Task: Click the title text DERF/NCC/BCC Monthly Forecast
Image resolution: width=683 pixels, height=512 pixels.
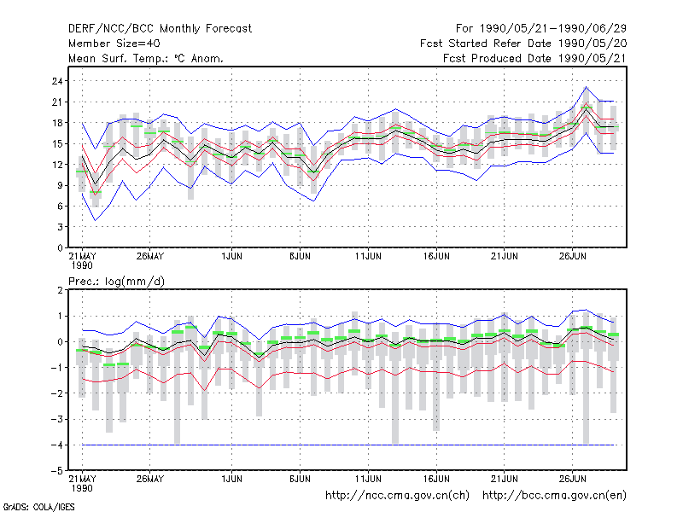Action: point(160,29)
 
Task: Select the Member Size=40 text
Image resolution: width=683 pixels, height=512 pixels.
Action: point(114,44)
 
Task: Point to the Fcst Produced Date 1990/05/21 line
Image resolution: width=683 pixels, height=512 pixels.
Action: point(534,58)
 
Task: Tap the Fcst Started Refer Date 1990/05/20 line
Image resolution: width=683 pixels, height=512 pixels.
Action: point(523,44)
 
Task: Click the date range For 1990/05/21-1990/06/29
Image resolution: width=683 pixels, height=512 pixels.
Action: point(541,29)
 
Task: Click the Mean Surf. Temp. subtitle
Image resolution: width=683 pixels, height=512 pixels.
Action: point(146,58)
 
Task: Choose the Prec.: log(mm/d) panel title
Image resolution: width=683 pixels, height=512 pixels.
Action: point(116,282)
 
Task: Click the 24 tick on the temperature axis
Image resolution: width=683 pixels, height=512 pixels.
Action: point(57,81)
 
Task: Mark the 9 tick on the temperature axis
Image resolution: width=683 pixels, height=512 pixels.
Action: point(60,185)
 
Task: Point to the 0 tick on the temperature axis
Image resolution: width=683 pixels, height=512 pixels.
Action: point(60,247)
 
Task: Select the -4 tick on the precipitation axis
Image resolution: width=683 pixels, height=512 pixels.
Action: point(56,445)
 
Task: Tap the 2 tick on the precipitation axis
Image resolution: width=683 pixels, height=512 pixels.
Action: point(60,290)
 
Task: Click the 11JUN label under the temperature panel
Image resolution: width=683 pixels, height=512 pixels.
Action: point(368,257)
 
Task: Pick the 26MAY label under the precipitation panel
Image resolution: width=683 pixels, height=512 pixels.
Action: point(150,479)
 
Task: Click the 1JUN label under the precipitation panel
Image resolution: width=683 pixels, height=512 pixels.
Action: point(231,479)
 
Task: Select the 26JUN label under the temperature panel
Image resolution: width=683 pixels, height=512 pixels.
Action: point(572,257)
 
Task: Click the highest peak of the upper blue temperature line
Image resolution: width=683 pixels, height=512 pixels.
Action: point(587,87)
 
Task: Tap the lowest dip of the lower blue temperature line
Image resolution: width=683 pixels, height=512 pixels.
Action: point(96,220)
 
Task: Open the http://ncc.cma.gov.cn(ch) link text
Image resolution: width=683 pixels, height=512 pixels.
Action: point(397,496)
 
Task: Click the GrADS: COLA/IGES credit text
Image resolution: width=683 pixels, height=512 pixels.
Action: point(38,507)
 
